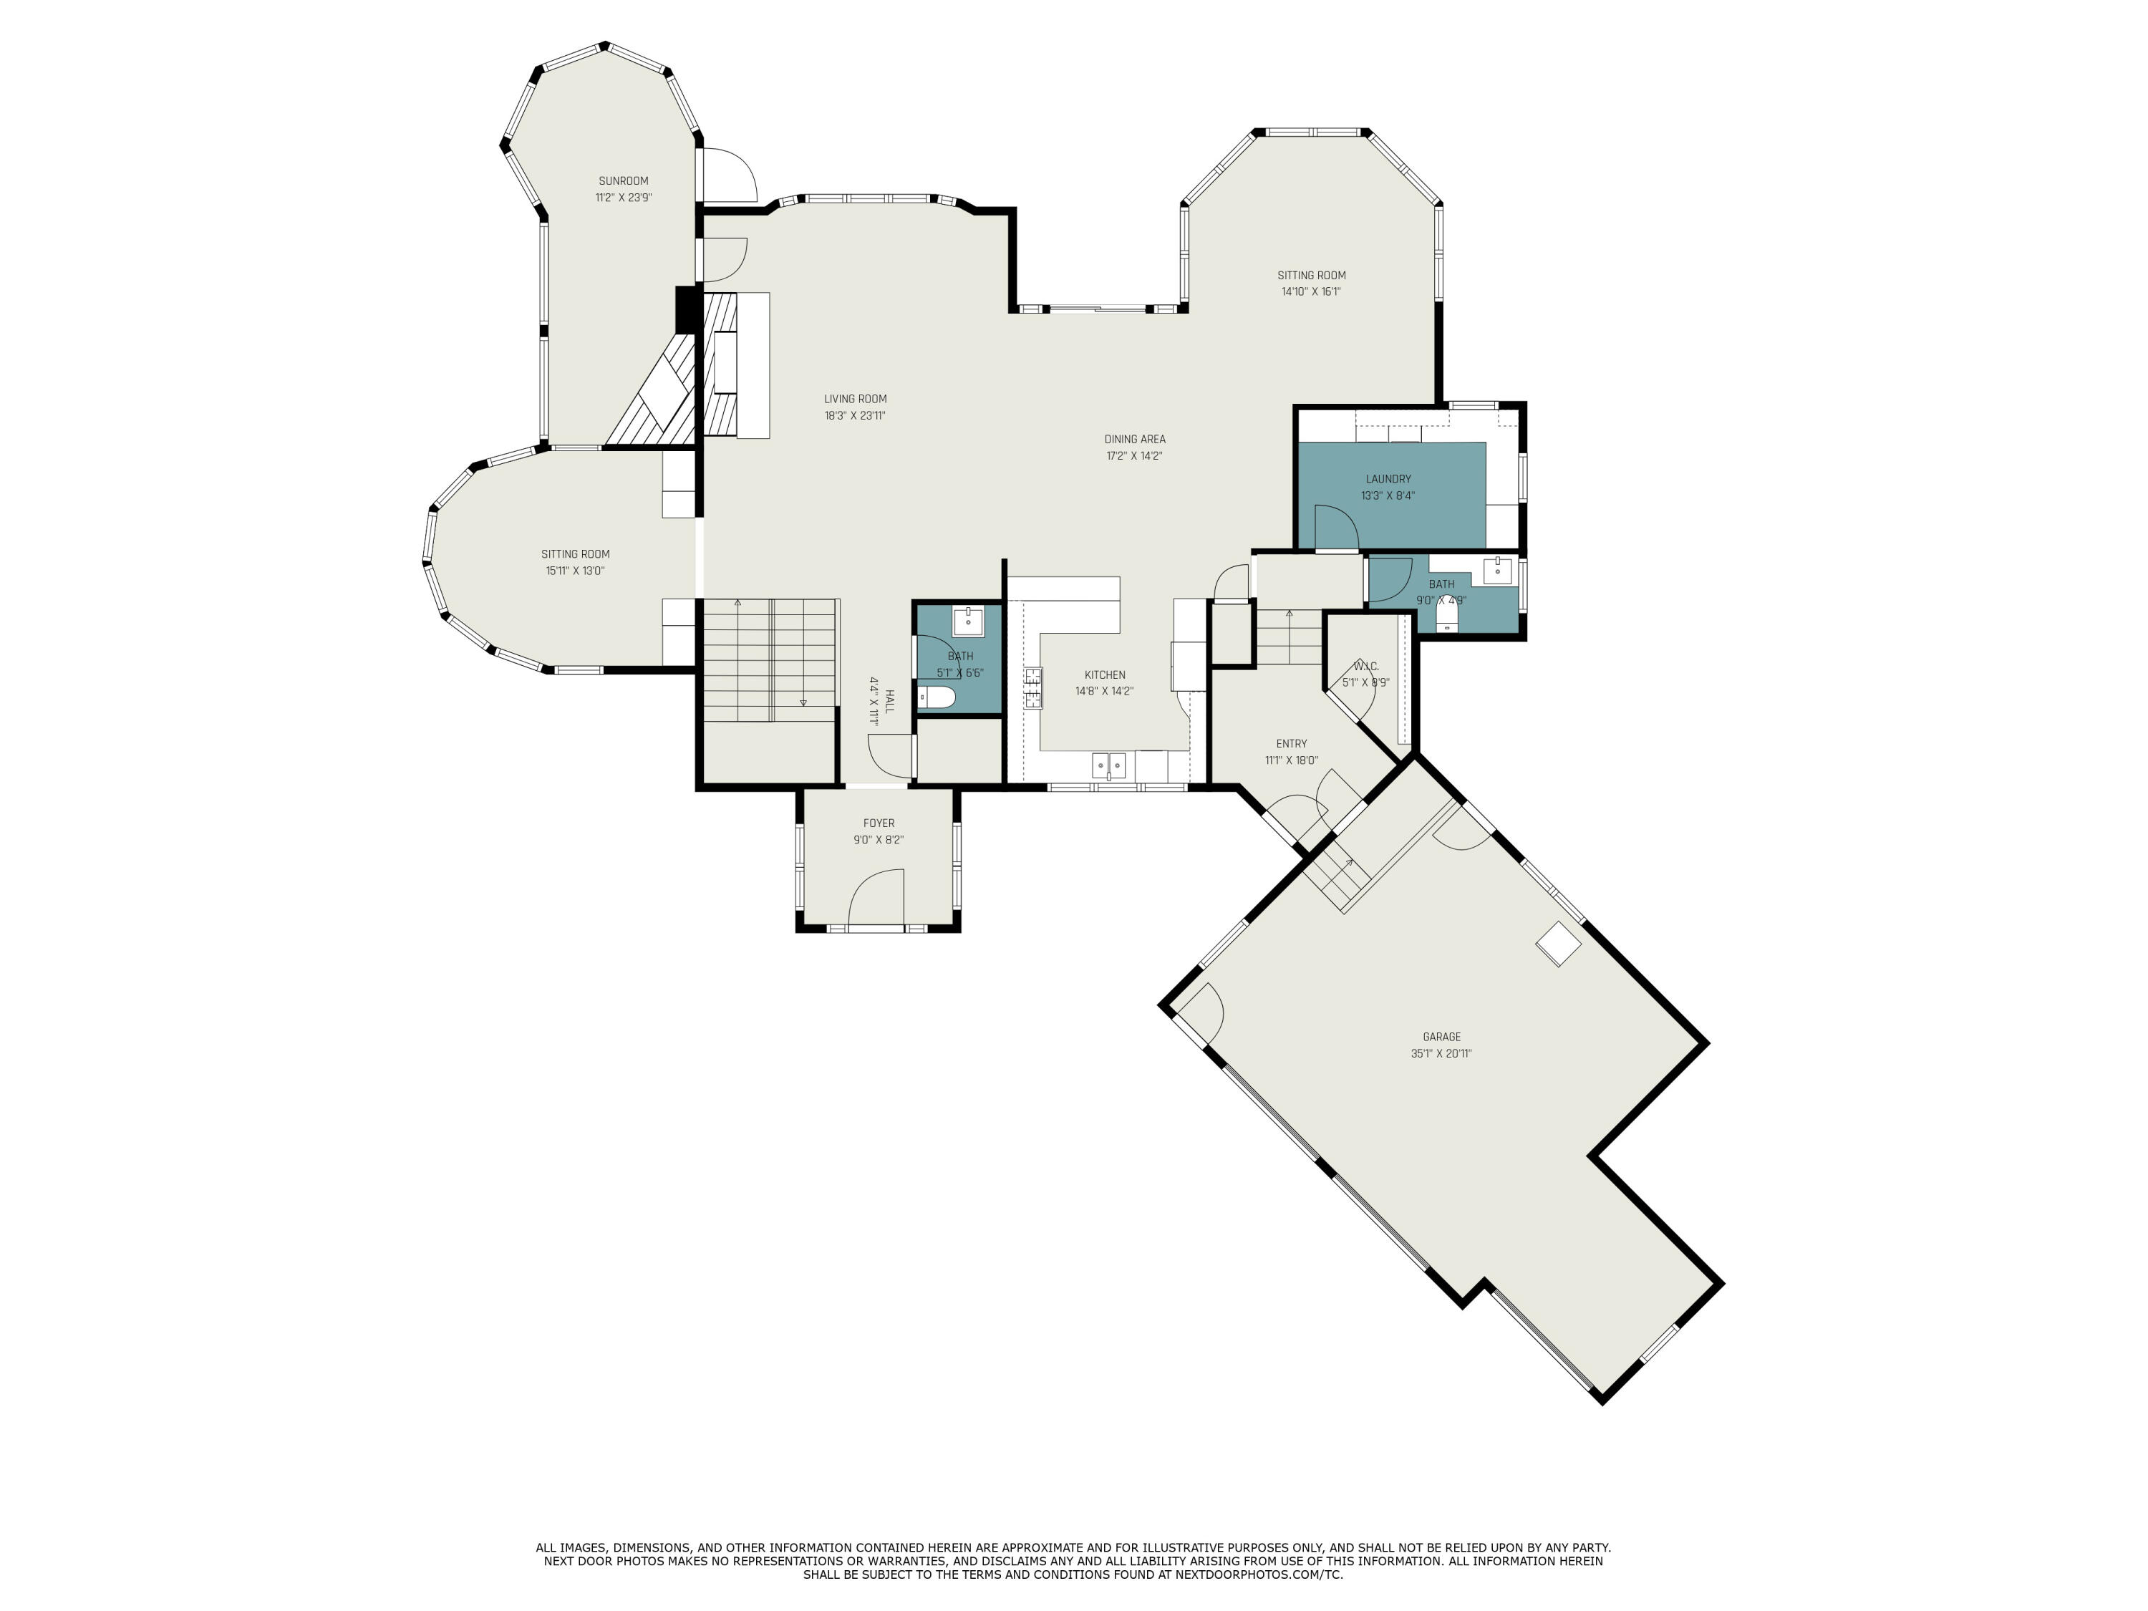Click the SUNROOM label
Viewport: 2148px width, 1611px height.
coord(624,180)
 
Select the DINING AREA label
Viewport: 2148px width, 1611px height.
coord(1134,439)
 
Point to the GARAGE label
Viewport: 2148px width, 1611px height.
coord(1441,1037)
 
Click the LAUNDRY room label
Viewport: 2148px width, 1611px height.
coord(1388,479)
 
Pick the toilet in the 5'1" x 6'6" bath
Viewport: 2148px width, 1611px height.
coord(937,697)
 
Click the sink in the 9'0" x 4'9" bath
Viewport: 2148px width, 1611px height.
coord(1497,570)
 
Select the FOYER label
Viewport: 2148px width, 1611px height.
coord(879,823)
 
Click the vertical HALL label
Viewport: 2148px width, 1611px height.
coord(889,701)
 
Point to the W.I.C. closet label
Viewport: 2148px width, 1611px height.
coord(1365,666)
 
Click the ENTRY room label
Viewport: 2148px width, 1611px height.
coord(1292,744)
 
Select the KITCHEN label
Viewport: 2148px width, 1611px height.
coord(1105,675)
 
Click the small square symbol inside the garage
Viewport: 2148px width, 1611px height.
coord(1557,944)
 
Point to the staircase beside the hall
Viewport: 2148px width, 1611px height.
coord(769,660)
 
